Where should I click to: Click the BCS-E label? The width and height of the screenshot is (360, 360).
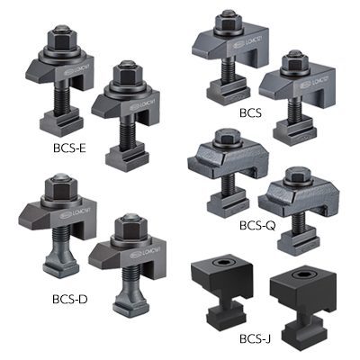pyautogui.click(x=69, y=148)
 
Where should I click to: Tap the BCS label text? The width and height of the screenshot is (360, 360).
pyautogui.click(x=250, y=113)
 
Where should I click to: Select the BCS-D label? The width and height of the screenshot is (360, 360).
pyautogui.click(x=70, y=299)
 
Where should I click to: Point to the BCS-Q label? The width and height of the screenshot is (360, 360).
pyautogui.click(x=257, y=226)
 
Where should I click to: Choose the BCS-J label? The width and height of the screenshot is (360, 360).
pyautogui.click(x=256, y=339)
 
